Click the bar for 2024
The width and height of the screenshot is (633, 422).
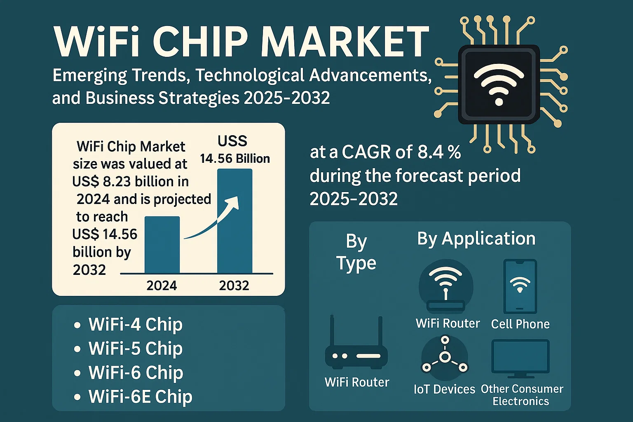click(162, 245)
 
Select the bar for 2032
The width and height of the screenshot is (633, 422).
click(234, 221)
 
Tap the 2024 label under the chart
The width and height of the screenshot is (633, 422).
click(162, 286)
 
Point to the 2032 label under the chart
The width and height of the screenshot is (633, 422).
click(234, 286)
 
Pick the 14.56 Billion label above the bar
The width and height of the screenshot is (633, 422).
click(235, 159)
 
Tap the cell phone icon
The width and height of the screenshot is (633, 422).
click(520, 286)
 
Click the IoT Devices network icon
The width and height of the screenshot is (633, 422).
click(445, 358)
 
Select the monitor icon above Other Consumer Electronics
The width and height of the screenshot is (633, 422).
click(520, 359)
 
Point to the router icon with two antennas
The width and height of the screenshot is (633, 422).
click(356, 342)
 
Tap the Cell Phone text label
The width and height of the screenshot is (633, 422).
click(520, 324)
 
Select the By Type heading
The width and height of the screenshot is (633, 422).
click(356, 252)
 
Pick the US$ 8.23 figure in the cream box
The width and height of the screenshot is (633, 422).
click(102, 181)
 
